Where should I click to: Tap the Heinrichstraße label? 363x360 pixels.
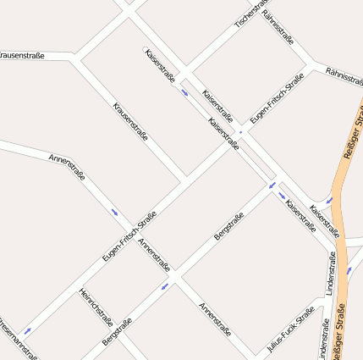[96, 307]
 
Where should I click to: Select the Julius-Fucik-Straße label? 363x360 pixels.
[289, 330]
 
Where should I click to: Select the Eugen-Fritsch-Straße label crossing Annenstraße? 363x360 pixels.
[129, 235]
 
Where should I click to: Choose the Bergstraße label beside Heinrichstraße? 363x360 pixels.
[117, 330]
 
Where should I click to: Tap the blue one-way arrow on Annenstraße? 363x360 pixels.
[114, 212]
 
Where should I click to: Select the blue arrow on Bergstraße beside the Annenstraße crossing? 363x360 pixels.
[165, 285]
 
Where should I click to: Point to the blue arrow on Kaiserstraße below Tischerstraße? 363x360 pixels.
[184, 91]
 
